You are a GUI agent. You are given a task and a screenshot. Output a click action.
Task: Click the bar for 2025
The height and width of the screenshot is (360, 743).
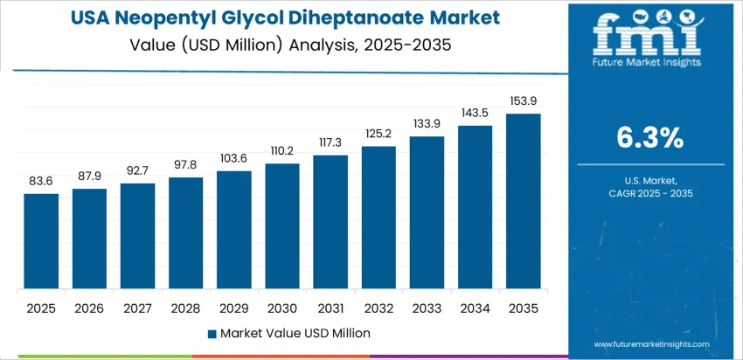41,241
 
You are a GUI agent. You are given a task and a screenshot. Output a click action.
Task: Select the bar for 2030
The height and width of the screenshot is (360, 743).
282,226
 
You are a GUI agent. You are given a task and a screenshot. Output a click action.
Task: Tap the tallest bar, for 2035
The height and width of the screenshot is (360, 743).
523,201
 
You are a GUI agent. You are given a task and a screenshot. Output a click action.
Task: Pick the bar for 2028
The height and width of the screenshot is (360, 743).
185,233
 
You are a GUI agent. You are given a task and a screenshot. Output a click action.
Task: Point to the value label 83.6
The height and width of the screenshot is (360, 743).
41,182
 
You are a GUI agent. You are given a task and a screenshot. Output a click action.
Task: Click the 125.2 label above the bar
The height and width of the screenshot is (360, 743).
378,134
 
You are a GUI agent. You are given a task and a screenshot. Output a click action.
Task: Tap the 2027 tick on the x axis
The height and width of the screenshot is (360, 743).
137,308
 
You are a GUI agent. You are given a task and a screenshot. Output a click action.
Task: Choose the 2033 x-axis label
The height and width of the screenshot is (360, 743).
427,308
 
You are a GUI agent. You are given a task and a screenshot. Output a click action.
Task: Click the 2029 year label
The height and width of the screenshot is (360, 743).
233,308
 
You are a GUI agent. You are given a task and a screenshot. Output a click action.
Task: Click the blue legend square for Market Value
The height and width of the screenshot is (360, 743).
212,333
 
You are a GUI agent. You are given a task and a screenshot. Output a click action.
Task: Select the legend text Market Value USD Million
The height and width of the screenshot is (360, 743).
295,333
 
